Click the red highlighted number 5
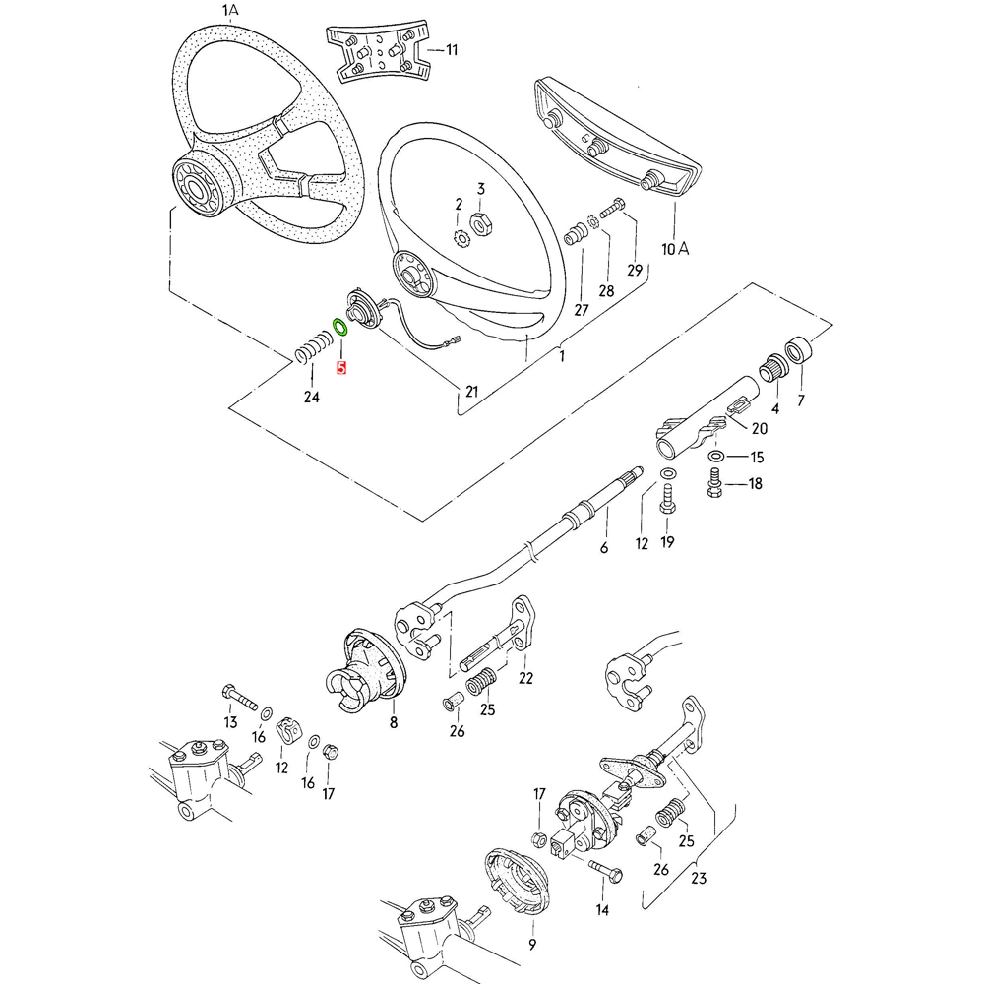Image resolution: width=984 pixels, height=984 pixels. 341,369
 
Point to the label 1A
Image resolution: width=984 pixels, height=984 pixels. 229,11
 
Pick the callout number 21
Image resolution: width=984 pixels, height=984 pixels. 471,393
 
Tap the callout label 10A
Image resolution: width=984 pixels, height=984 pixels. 675,249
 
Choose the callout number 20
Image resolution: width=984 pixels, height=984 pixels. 759,428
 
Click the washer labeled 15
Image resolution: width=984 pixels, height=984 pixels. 717,457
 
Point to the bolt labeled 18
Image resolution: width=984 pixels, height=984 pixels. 715,482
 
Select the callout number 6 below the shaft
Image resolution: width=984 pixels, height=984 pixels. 604,548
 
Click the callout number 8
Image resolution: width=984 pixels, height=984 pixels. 393,722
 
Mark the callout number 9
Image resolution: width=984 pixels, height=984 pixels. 531,945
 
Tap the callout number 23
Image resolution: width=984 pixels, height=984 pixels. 700,878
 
